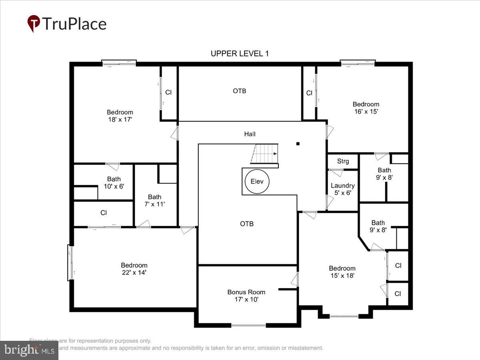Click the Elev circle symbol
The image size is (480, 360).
click(257, 182)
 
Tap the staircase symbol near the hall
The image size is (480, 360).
click(264, 154)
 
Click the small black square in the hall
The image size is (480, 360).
click(298, 144)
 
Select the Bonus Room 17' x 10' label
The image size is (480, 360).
click(246, 296)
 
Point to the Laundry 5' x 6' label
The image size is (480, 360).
click(342, 189)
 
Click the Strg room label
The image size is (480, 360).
click(343, 161)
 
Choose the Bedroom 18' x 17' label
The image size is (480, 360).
click(120, 116)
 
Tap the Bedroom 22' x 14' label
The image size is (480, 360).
click(134, 269)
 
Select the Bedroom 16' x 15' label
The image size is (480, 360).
click(366, 108)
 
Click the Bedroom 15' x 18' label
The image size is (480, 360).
click(342, 272)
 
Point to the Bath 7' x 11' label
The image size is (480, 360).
click(154, 200)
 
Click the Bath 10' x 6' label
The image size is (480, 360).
click(114, 183)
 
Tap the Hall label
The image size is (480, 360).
click(250, 134)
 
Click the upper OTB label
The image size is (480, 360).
click(240, 91)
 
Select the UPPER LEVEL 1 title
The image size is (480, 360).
click(240, 54)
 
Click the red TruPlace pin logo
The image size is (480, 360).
click(34, 24)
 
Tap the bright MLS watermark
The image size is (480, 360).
click(29, 350)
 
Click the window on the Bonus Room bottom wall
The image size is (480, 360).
click(248, 325)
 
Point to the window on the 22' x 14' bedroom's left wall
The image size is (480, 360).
click(70, 262)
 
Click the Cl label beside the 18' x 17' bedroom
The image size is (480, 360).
click(168, 92)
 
